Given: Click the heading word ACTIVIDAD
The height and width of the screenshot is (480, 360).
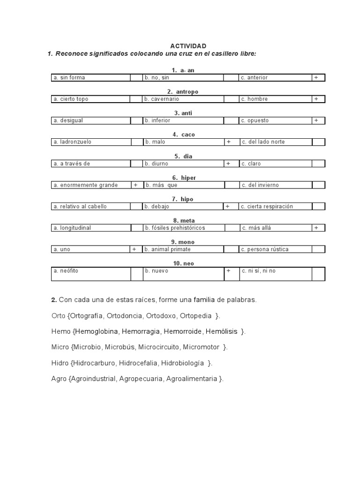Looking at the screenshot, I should tap(188, 46).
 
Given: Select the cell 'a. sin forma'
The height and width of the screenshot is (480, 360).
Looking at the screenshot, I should tap(69, 77).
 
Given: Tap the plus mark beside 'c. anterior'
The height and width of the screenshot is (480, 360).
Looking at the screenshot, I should tap(316, 77).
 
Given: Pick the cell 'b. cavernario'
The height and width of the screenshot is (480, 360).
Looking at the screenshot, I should tap(162, 99).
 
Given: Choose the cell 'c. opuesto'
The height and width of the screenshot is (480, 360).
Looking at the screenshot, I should tap(255, 120).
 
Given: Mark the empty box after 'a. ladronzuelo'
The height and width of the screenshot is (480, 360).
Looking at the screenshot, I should tap(136, 142).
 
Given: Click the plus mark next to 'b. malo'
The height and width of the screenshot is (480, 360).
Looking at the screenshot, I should tap(228, 142).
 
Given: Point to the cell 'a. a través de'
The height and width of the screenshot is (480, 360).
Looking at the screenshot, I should tap(72, 164).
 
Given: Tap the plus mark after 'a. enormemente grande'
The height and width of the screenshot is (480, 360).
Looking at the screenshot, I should tap(135, 185).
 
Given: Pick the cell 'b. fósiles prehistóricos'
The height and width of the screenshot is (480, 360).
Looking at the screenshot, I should tap(175, 228).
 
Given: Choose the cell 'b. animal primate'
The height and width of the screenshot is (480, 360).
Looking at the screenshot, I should tap(168, 249).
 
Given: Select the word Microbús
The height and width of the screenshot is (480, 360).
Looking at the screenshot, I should tap(122, 347).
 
